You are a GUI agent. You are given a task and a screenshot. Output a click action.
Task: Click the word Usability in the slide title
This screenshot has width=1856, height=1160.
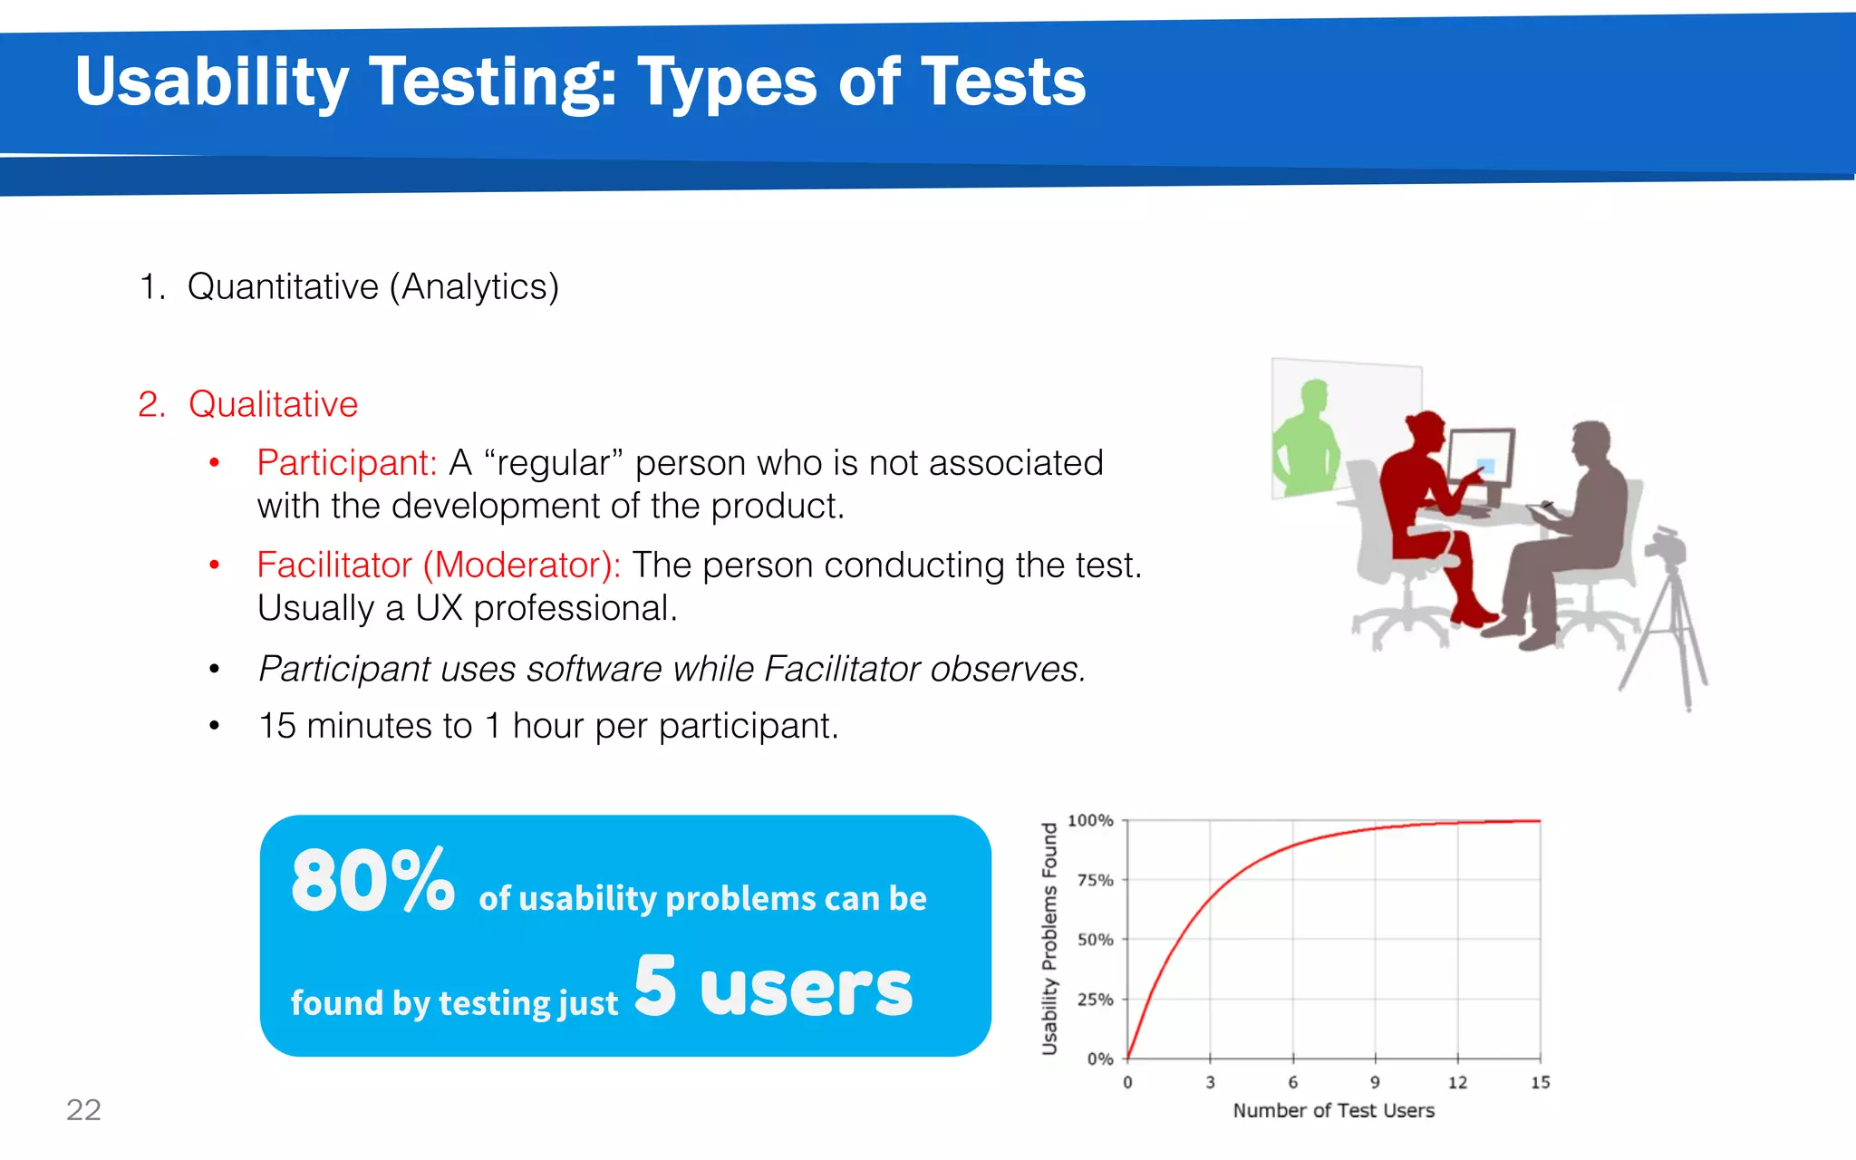(x=211, y=82)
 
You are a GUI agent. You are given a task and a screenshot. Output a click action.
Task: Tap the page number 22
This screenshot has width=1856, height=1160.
(x=83, y=1109)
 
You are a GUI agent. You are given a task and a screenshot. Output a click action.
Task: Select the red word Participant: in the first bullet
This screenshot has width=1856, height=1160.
(x=347, y=463)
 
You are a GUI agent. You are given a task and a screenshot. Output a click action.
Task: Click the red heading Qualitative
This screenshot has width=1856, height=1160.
(x=273, y=404)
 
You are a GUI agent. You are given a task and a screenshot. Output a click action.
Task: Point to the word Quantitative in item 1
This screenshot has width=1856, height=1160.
(x=283, y=287)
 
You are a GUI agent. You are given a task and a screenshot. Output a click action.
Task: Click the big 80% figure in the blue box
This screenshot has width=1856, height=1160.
(x=372, y=881)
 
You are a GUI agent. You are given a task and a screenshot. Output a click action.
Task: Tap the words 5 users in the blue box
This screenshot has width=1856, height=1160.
(x=773, y=987)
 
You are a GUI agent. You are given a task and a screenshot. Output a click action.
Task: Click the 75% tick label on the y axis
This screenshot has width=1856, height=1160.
(x=1095, y=880)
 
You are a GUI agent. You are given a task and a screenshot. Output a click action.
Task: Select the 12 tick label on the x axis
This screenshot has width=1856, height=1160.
(x=1457, y=1082)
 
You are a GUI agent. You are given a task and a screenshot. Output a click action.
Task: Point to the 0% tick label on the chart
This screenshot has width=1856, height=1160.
(x=1099, y=1058)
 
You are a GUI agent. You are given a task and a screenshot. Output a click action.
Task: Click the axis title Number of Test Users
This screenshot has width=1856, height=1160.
(x=1333, y=1110)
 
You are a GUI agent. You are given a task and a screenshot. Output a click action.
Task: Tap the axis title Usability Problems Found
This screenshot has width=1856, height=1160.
(x=1049, y=939)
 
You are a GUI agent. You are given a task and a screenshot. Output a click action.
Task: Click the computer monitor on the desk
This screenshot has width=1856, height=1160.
(x=1480, y=460)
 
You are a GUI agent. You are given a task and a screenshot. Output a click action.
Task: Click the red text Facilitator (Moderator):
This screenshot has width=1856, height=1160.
(x=439, y=565)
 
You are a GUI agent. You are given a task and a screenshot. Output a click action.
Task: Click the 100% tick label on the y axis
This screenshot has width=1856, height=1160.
(x=1090, y=820)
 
